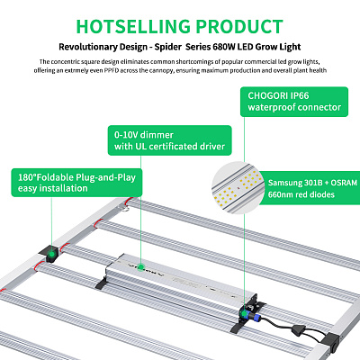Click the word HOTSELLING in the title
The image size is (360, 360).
133,26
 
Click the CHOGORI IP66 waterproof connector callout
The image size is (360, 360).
294,102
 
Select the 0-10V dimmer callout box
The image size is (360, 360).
169,140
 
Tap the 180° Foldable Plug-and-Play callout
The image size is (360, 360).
76,183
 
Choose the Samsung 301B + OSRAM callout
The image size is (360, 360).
310,188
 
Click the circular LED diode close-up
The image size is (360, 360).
238,187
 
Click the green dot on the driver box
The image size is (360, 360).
140,267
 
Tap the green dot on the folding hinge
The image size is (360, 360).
51,255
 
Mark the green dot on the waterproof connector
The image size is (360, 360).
245,313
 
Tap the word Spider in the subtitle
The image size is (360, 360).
168,48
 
